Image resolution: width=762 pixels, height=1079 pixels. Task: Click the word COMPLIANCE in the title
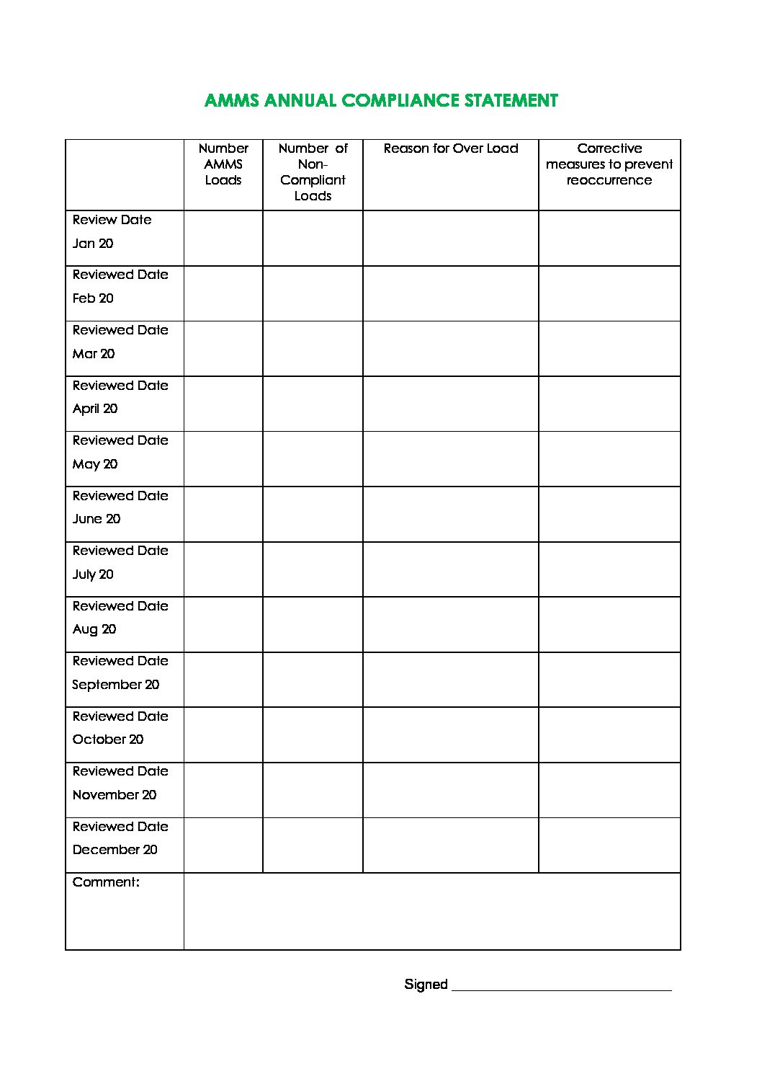[x=400, y=101]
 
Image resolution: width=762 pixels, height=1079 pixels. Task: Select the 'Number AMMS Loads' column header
[x=223, y=164]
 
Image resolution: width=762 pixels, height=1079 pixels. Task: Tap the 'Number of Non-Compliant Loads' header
[x=313, y=172]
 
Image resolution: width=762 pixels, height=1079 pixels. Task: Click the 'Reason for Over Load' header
[x=451, y=148]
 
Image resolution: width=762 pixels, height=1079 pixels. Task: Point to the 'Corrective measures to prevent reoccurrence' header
[x=609, y=164]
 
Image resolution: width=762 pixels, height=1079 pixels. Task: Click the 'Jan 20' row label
[x=93, y=244]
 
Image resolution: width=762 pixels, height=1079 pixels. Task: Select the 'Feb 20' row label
[x=93, y=298]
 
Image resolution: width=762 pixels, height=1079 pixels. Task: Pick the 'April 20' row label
[x=95, y=409]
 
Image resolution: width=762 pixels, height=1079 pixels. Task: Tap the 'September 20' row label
[x=115, y=685]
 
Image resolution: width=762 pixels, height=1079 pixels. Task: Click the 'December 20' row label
[x=115, y=850]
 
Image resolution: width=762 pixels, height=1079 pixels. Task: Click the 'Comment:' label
[x=106, y=882]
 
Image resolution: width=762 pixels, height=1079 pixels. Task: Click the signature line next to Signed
[x=561, y=986]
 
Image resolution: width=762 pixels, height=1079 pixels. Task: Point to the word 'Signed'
[x=426, y=985]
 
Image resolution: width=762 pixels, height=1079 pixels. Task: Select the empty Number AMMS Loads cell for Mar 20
[x=223, y=349]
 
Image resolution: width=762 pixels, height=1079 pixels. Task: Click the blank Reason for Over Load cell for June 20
[x=451, y=514]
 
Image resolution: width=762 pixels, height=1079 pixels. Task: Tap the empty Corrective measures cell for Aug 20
[x=609, y=624]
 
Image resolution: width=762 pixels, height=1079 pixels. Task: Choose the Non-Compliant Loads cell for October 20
[x=313, y=734]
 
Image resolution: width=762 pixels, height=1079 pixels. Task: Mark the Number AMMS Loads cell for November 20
[x=223, y=790]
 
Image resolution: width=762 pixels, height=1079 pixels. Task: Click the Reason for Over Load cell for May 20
[x=451, y=459]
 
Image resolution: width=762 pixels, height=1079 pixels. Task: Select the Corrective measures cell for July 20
[x=609, y=569]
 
